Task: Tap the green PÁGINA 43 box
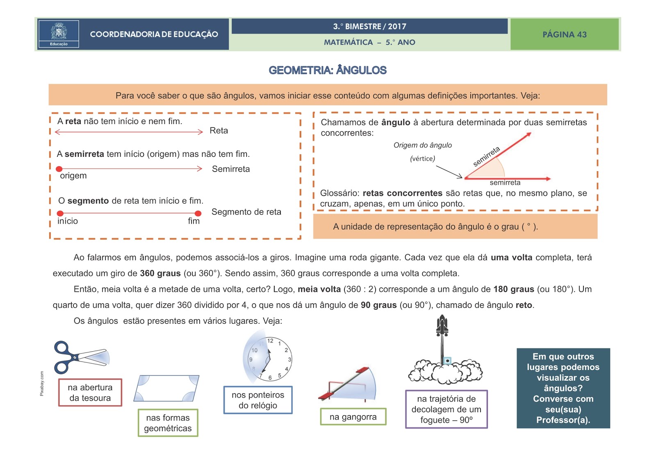564,34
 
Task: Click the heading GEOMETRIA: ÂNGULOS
327,70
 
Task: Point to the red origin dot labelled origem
59,169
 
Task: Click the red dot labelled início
60,213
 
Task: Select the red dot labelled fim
198,213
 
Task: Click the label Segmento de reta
246,212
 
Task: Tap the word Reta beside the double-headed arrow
219,131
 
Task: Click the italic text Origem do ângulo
422,145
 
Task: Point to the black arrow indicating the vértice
449,172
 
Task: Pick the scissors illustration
80,357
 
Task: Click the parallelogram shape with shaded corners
166,388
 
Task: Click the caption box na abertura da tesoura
90,393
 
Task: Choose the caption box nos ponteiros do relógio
258,400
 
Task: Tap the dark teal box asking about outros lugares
563,388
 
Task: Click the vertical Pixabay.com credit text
42,383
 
